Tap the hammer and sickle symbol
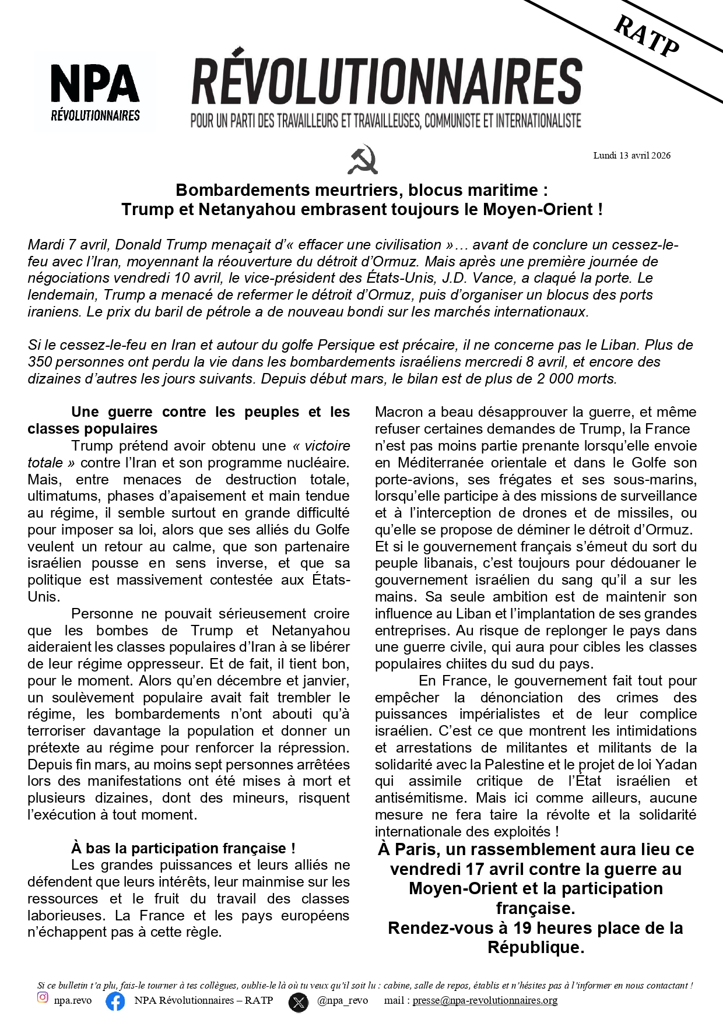click(x=363, y=159)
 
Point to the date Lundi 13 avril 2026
click(x=631, y=156)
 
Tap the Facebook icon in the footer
click(x=115, y=1001)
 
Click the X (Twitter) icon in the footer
click(x=299, y=1002)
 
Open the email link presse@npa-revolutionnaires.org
click(x=485, y=1000)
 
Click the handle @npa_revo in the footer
click(x=342, y=1000)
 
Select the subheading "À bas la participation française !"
click(x=183, y=848)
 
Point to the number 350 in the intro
click(x=40, y=362)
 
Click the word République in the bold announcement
click(x=535, y=948)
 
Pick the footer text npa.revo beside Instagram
click(x=73, y=1000)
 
